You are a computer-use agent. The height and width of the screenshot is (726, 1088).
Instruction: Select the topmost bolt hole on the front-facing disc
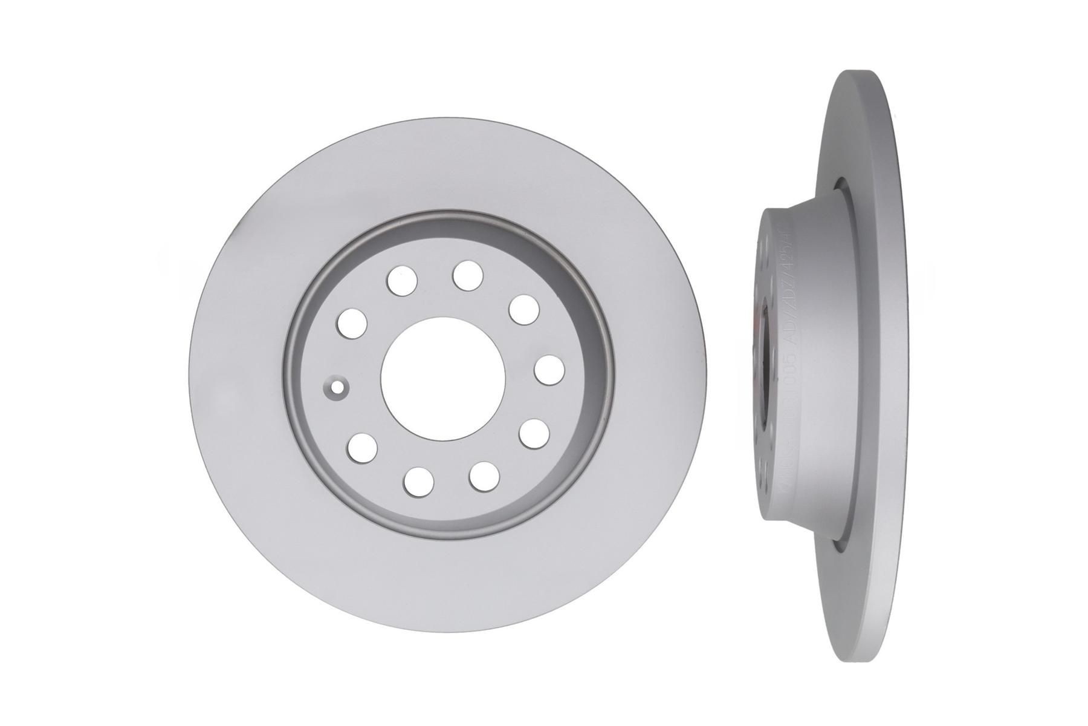pyautogui.click(x=468, y=275)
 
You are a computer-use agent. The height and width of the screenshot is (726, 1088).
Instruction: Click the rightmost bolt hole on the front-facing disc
pyautogui.click(x=549, y=370)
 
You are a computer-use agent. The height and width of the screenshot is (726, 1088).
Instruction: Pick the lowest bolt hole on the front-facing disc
pyautogui.click(x=419, y=480)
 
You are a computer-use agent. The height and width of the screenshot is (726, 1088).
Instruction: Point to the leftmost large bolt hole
pyautogui.click(x=353, y=322)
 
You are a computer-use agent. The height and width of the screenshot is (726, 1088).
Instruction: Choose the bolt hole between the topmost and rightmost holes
pyautogui.click(x=523, y=309)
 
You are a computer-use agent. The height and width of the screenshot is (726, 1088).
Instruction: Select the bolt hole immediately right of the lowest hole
pyautogui.click(x=484, y=476)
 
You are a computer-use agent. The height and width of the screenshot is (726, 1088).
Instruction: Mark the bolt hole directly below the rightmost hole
pyautogui.click(x=533, y=434)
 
